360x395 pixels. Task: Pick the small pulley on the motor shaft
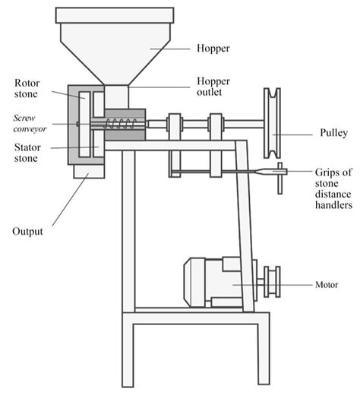coord(270,281)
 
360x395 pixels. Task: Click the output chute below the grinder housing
coord(87,173)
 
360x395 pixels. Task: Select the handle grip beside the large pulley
coord(279,174)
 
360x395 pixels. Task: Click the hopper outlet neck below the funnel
coord(117,96)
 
